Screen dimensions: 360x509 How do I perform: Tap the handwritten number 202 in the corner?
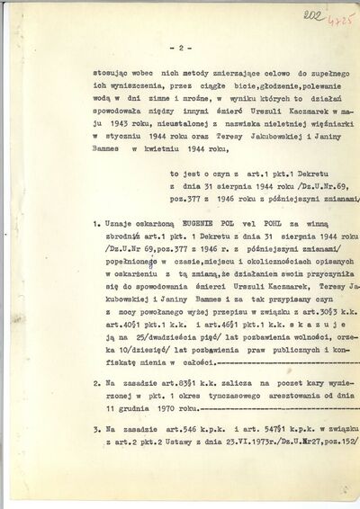[318, 15]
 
